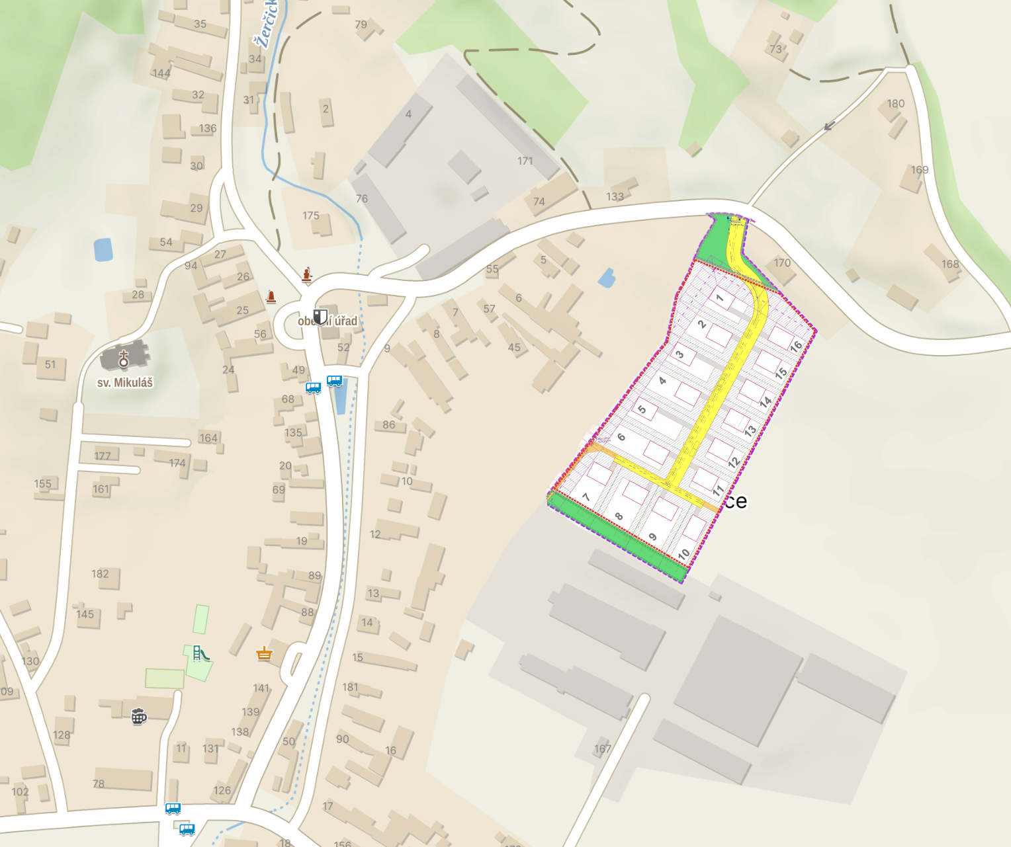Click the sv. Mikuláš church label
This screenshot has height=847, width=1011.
[125, 383]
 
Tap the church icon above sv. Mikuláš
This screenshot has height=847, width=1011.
[123, 359]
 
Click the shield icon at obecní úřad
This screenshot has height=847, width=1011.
[320, 316]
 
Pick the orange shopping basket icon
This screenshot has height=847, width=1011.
[265, 654]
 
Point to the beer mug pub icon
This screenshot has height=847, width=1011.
[138, 716]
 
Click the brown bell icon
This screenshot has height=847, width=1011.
[271, 296]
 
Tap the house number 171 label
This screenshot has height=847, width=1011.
[525, 161]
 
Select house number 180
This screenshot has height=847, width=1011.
[896, 104]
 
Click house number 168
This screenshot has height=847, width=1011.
[950, 264]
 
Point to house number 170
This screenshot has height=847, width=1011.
[782, 262]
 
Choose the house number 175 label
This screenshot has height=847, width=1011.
[311, 216]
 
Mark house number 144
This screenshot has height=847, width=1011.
[161, 73]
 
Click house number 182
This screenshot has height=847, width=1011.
[101, 574]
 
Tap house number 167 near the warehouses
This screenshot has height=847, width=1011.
[602, 748]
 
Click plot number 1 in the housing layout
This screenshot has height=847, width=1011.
[720, 298]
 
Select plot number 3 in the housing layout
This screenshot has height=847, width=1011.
[680, 354]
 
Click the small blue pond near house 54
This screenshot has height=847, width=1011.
[103, 250]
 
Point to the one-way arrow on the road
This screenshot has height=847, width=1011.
[829, 126]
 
